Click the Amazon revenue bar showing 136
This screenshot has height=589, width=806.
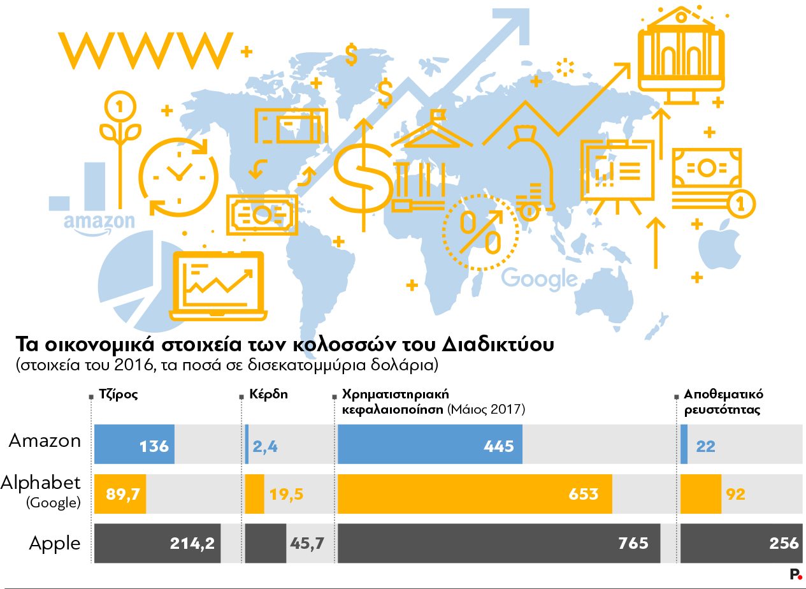[x=134, y=444]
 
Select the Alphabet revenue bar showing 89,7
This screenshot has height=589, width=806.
[x=120, y=494]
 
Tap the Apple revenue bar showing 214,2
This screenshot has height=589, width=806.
[x=157, y=543]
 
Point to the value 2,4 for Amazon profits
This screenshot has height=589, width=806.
[x=265, y=446]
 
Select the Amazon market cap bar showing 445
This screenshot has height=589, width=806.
[x=429, y=444]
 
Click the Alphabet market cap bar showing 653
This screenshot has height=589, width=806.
[x=475, y=494]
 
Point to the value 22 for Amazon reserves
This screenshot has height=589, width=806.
[x=705, y=446]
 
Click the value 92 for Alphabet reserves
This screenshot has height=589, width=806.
[x=735, y=494]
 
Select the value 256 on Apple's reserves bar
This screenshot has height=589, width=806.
[x=783, y=543]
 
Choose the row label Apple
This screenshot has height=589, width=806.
[x=55, y=544]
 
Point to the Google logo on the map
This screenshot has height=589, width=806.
[x=539, y=279]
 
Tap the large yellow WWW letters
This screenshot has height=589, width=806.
[x=145, y=50]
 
